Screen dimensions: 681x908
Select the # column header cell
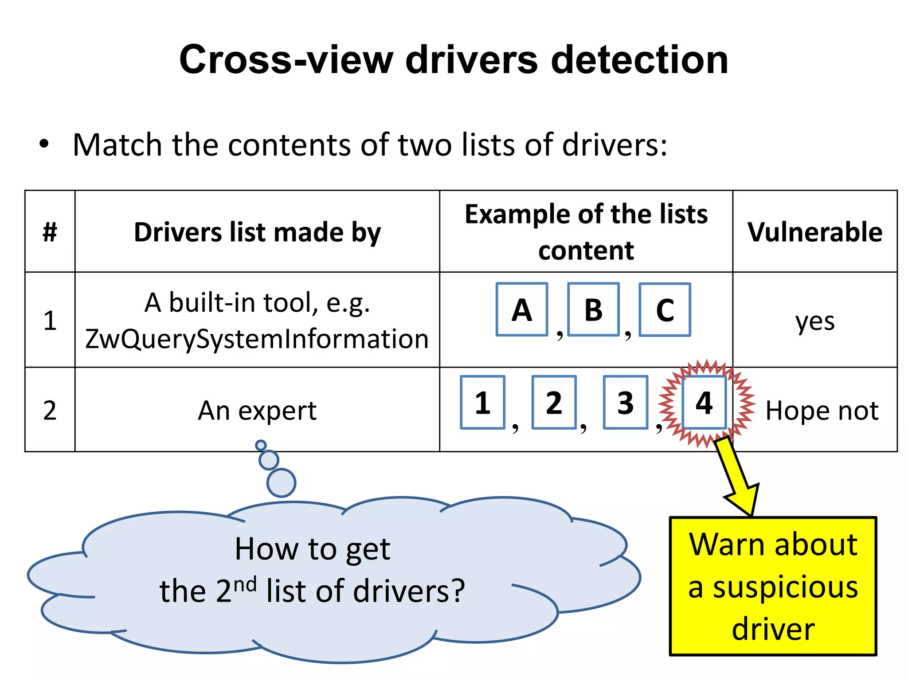tap(50, 232)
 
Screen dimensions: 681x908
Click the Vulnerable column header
tap(815, 232)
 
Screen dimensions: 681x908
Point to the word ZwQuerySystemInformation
tap(257, 339)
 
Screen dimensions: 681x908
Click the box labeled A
tap(522, 309)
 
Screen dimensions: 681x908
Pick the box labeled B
tap(593, 309)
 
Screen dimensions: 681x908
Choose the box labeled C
tap(665, 309)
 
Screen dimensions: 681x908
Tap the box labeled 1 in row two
tap(482, 403)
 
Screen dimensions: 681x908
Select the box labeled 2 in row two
tap(554, 403)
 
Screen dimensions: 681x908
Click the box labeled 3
tap(625, 403)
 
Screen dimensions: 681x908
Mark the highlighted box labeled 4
tap(704, 403)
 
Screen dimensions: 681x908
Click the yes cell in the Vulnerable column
tap(815, 321)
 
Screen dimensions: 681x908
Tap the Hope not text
tap(822, 411)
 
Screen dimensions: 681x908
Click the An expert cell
tap(257, 411)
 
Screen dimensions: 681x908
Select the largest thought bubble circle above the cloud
tap(281, 483)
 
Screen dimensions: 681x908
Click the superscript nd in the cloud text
tap(245, 584)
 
